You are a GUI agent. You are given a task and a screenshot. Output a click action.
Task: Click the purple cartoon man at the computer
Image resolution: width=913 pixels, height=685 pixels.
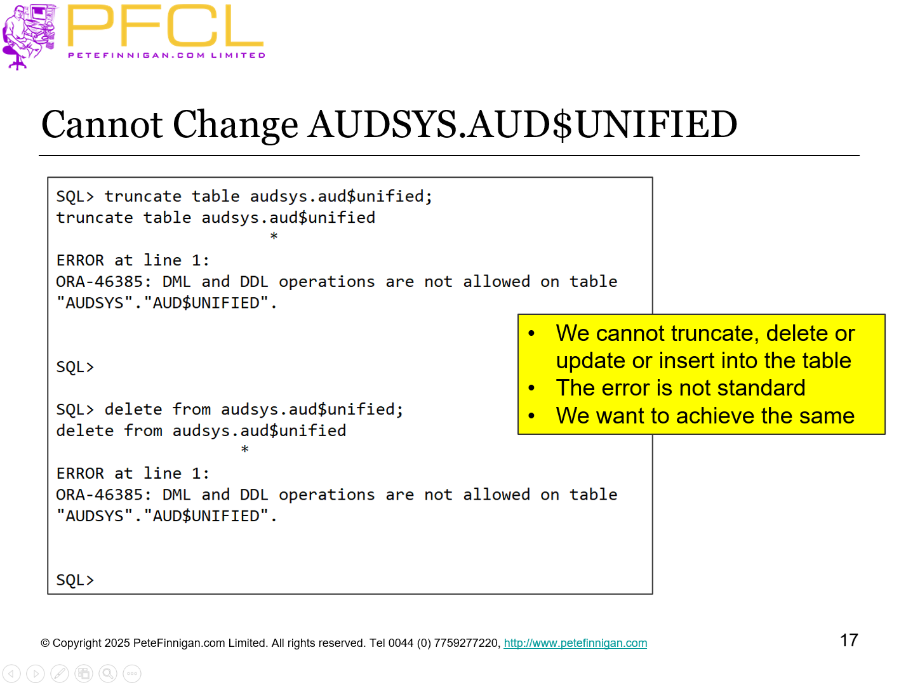[x=29, y=35]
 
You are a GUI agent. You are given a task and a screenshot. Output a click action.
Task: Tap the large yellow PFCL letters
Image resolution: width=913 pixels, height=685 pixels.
[x=165, y=27]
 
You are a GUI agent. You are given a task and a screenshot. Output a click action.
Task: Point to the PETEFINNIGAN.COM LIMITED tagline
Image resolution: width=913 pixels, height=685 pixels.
[x=166, y=55]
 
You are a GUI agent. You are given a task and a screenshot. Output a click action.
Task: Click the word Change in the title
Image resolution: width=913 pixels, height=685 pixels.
[x=235, y=125]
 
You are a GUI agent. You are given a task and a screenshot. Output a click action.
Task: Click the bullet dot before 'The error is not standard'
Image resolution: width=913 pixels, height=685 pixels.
[x=532, y=388]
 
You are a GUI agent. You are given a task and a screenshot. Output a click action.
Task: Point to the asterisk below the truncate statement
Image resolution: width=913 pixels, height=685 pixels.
[x=274, y=237]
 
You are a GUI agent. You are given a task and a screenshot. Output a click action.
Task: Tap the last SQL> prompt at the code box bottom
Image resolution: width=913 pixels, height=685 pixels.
[x=75, y=580]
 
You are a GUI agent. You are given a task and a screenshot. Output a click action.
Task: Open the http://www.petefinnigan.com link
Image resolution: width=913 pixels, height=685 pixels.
[x=575, y=643]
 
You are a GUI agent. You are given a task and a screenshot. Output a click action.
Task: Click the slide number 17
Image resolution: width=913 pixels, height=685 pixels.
[x=849, y=640]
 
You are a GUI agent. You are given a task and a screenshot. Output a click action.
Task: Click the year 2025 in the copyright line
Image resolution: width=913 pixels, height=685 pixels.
[x=117, y=643]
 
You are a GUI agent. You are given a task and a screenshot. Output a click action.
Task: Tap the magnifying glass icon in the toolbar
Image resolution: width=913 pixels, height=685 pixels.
[x=108, y=673]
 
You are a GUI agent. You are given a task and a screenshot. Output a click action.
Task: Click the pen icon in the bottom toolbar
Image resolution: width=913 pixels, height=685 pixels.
[x=60, y=673]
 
